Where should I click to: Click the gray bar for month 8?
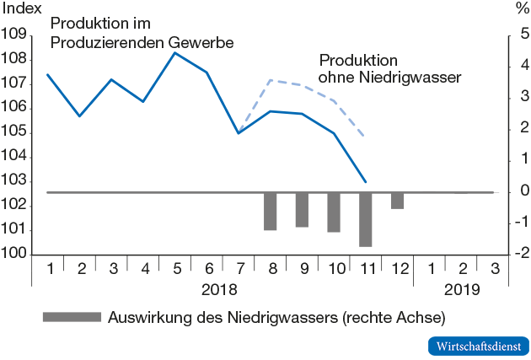coord(271,211)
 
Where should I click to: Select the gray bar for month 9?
coord(302,209)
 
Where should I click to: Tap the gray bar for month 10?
coord(334,212)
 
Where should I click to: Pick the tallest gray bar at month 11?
coord(366,219)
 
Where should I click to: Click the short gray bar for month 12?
coord(397,201)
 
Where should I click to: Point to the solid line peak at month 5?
coord(174,53)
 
